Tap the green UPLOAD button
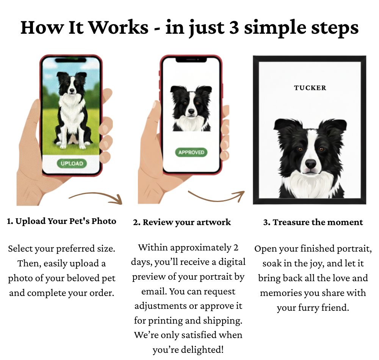72,163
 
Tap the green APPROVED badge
191,152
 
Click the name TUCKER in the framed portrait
310,88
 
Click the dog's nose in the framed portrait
311,164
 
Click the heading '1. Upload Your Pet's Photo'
61,221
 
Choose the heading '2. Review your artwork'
182,222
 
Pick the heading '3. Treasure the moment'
313,222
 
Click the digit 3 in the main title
234,28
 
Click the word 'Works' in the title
119,27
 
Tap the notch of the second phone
191,59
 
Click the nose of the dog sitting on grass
72,90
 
